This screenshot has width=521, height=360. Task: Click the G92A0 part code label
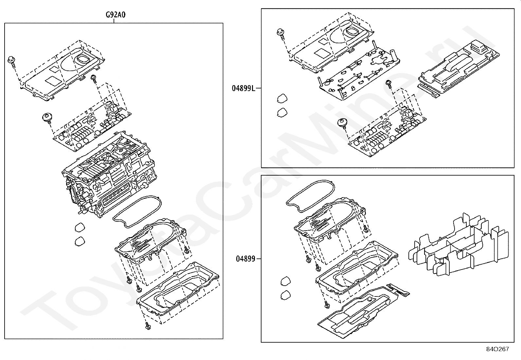tap(116, 15)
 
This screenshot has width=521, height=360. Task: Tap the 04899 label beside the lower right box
tap(245, 259)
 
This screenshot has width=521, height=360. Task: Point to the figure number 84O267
tap(497, 349)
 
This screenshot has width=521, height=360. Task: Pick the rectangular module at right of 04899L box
tap(458, 69)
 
